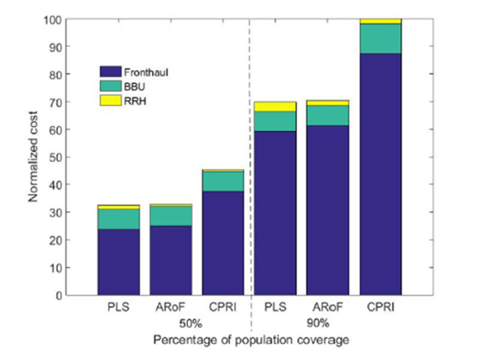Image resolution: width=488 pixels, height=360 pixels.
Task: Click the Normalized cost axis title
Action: [33, 157]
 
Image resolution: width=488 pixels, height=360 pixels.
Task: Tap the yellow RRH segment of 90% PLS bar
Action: [275, 107]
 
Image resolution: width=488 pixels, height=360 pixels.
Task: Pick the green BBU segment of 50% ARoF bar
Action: [170, 216]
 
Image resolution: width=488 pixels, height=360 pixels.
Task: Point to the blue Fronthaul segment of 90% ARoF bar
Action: [328, 210]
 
